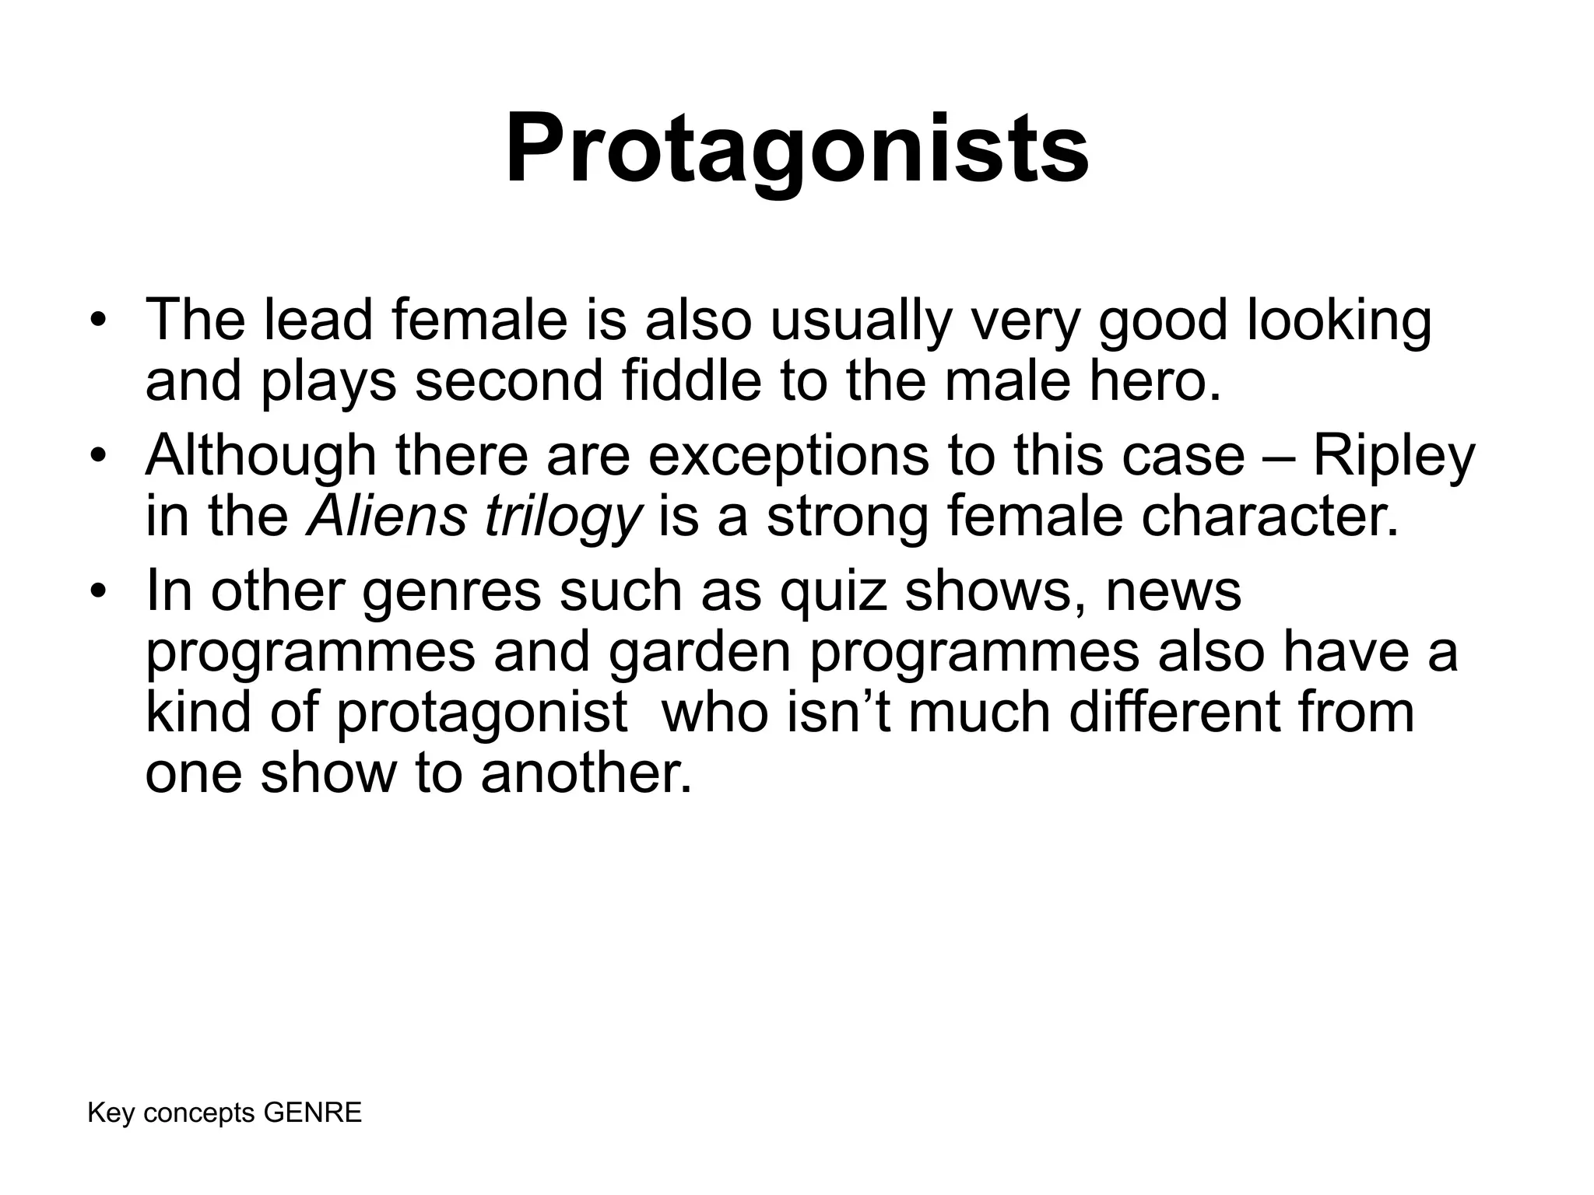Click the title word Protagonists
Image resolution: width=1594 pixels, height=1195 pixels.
click(x=796, y=148)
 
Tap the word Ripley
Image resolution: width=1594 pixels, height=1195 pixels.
click(x=1393, y=457)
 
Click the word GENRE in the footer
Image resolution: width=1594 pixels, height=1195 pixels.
click(x=313, y=1113)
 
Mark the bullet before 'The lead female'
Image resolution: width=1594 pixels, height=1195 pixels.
click(x=97, y=321)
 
